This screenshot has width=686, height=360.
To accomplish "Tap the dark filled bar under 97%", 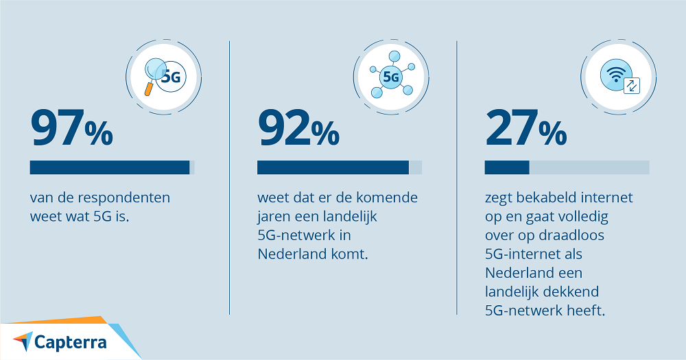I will [110, 167].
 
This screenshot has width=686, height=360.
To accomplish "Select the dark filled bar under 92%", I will [333, 167].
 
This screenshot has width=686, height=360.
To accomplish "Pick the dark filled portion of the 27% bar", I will [507, 167].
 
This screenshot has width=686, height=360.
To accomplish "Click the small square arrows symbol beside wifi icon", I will [631, 86].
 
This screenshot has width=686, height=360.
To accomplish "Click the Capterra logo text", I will [71, 341].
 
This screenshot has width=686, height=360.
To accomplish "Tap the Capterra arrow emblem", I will [22, 340].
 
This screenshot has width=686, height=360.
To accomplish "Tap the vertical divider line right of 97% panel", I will [229, 178].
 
